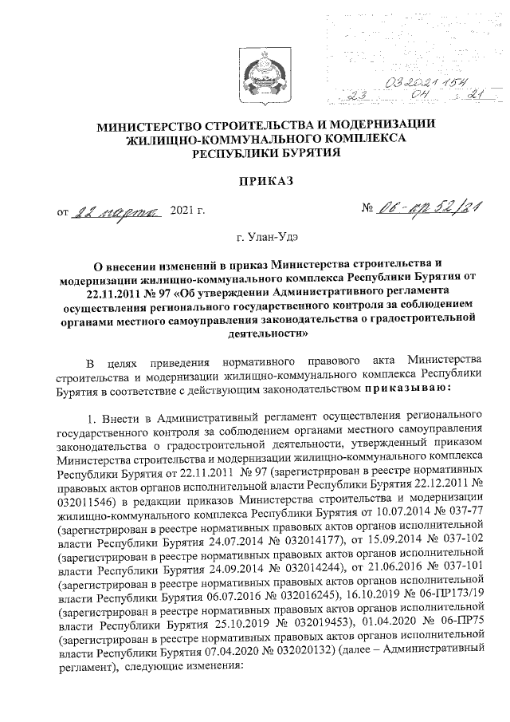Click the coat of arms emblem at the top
253,73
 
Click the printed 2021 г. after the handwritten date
188,212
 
